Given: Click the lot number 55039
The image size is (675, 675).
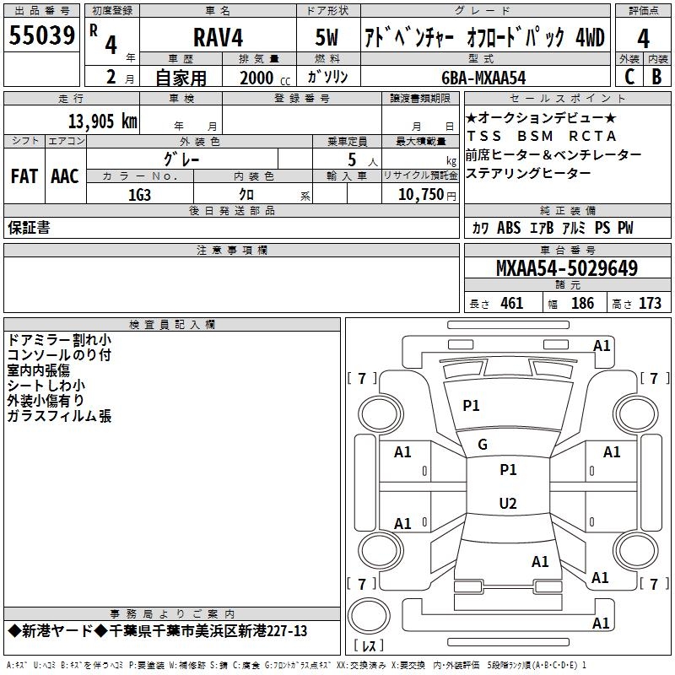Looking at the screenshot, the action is click(x=41, y=35).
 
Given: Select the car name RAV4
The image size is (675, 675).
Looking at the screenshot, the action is click(x=218, y=37).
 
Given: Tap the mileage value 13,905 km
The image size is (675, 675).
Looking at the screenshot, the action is click(x=102, y=121).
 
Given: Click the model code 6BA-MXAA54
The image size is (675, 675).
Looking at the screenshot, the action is click(x=483, y=78).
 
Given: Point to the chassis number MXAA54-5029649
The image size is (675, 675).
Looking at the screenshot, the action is click(x=566, y=267).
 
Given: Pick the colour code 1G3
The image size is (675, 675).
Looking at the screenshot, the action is click(x=139, y=195).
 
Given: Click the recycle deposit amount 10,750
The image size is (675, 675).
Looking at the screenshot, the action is click(x=420, y=195).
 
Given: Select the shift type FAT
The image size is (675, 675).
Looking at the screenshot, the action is click(x=24, y=176).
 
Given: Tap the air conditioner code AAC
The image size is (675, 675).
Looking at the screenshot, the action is click(x=65, y=176).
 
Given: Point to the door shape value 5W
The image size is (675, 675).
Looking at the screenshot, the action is click(x=327, y=37).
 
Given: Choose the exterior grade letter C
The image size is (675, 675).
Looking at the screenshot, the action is click(x=629, y=77).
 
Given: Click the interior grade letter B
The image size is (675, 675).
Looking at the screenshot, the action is click(x=656, y=77).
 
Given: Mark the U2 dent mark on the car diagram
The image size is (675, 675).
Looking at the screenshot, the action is click(x=508, y=503).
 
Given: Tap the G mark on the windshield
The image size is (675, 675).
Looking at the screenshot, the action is click(x=483, y=445).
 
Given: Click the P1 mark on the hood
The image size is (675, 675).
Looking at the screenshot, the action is click(x=471, y=406).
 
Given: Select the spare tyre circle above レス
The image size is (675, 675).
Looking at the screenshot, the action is click(x=369, y=615).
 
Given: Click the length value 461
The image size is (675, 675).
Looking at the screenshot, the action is click(x=512, y=303).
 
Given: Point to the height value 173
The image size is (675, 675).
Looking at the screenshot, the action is click(x=650, y=303).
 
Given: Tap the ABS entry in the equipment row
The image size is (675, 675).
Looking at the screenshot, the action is click(x=509, y=228).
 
